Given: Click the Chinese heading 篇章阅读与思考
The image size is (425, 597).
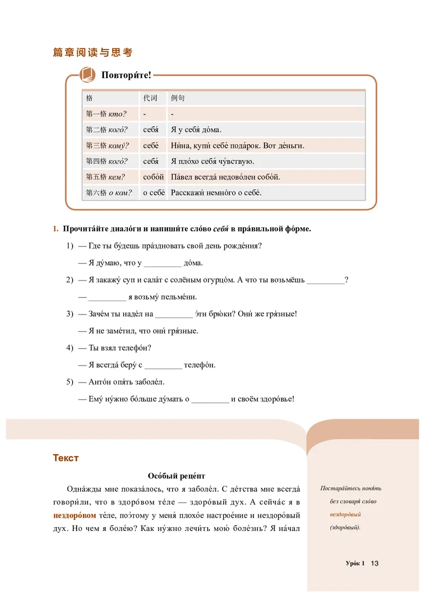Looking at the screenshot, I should [92, 52].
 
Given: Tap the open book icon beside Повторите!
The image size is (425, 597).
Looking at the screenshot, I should [87, 74].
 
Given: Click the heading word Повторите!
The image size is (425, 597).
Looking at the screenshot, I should [126, 75].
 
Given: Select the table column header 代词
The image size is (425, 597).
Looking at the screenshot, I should [150, 98].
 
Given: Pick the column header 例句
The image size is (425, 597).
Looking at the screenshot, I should [177, 98].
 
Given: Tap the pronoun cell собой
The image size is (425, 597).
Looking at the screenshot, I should [153, 177].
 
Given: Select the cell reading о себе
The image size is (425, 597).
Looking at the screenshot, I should [154, 193].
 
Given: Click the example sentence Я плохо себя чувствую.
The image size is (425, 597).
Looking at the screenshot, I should [212, 161].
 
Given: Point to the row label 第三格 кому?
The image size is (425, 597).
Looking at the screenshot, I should [107, 145].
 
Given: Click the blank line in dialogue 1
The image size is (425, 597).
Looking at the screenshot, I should [163, 263].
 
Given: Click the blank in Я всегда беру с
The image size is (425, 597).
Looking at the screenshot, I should [163, 366].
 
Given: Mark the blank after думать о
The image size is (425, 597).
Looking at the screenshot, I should [209, 400].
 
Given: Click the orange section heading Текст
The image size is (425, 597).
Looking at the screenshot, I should [66, 458].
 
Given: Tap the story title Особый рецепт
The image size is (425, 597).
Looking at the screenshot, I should [176, 476].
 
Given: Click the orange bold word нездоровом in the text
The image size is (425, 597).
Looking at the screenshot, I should [75, 516].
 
